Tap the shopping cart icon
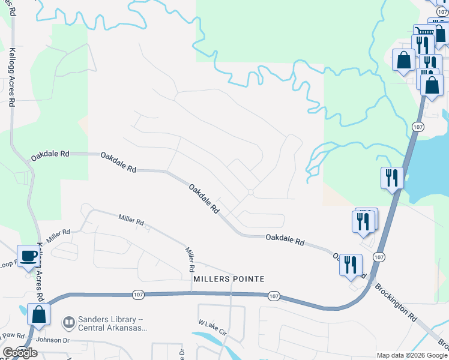pyautogui.click(x=424, y=31)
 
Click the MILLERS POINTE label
pyautogui.click(x=229, y=279)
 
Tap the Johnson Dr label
pyautogui.click(x=53, y=340)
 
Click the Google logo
pyautogui.click(x=20, y=353)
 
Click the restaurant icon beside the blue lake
pyautogui.click(x=392, y=178)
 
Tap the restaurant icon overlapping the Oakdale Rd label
pyautogui.click(x=351, y=265)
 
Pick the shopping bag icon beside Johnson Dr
pyautogui.click(x=38, y=315)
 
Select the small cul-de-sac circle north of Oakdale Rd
pyautogui.click(x=251, y=192)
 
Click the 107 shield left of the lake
pyautogui.click(x=418, y=127)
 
